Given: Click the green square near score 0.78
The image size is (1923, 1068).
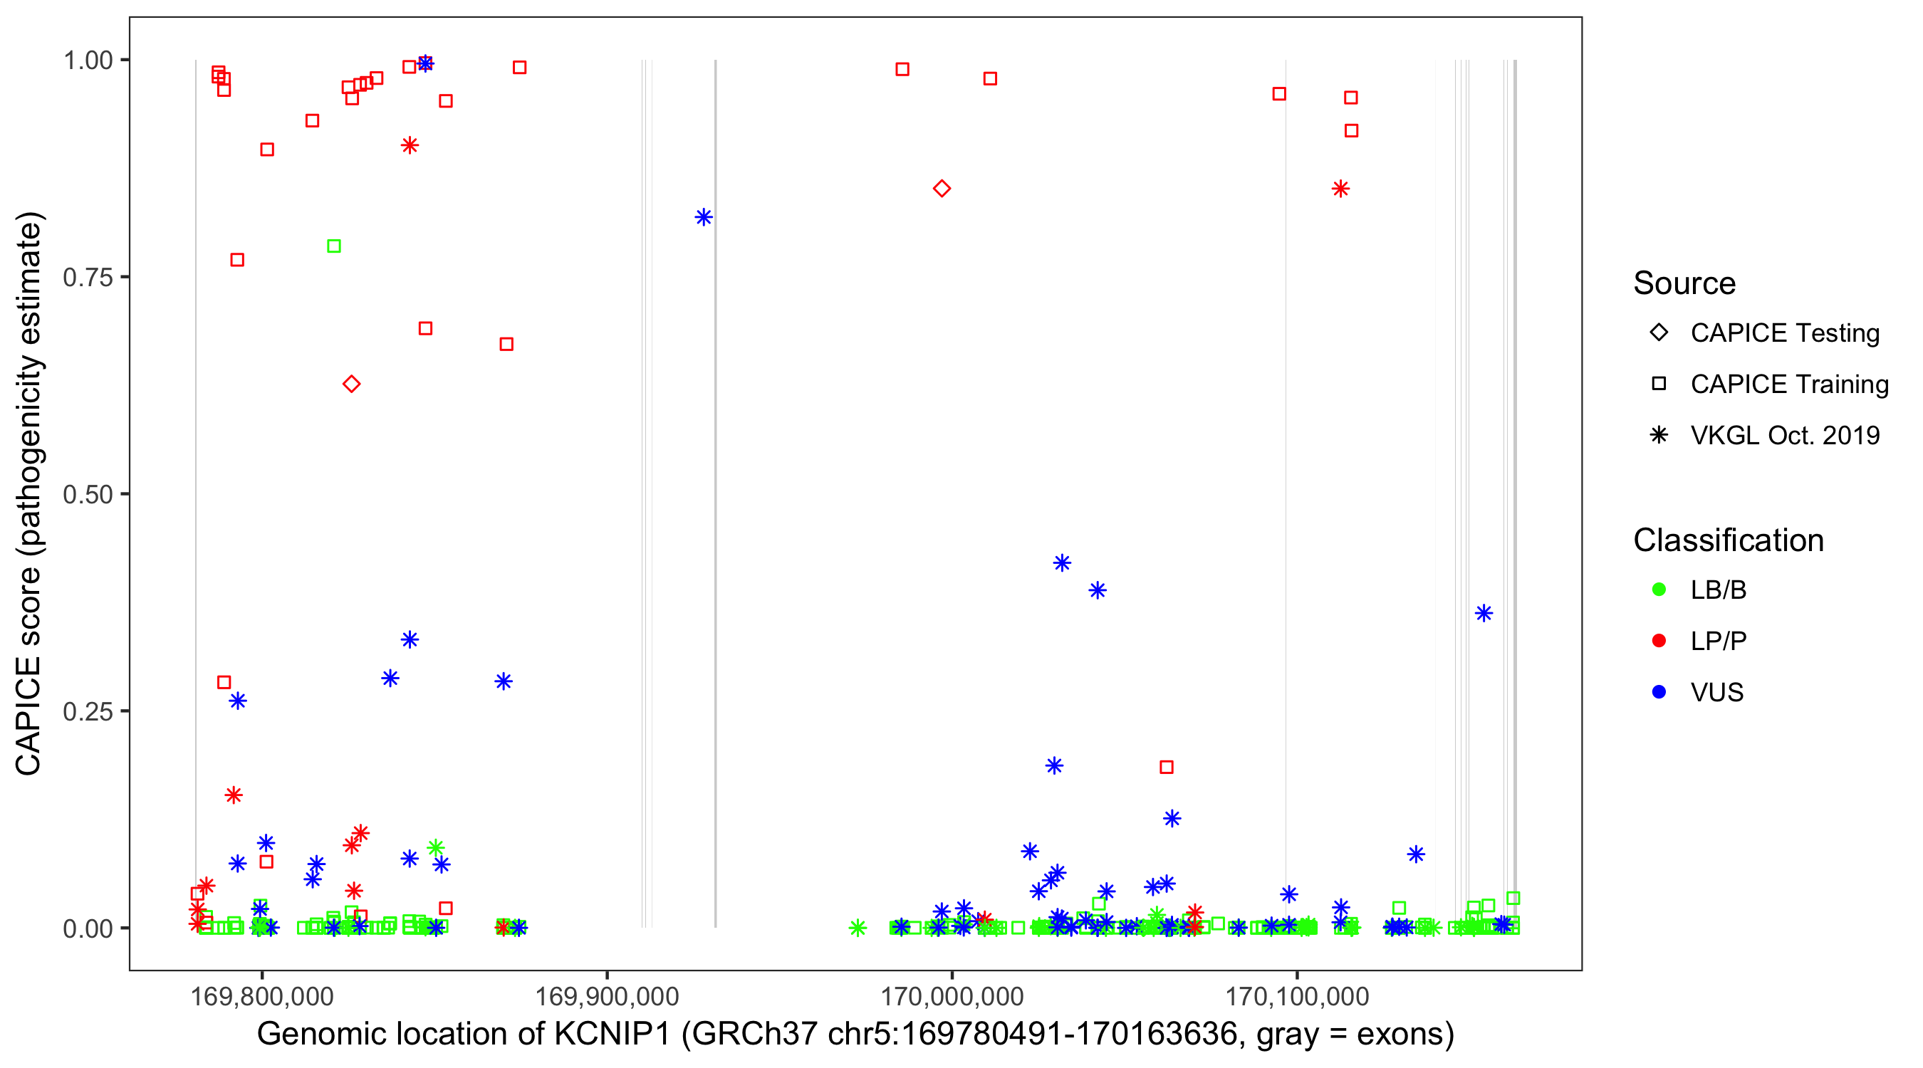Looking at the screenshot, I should [334, 246].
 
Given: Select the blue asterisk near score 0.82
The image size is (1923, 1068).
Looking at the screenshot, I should [703, 217].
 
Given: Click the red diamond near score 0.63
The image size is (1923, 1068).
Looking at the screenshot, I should [352, 384].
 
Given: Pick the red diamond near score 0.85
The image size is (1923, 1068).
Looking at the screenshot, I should [942, 189].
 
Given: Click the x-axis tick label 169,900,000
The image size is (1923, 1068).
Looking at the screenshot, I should [607, 997].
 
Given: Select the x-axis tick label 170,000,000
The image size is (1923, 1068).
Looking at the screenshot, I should [952, 997].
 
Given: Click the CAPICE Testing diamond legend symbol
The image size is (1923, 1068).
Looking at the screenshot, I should [1659, 333].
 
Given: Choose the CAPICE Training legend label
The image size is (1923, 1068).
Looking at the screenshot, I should [1788, 384].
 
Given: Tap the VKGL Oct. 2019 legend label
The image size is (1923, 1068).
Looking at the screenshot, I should [1784, 436].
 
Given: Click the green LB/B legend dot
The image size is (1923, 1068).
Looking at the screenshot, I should [1659, 590].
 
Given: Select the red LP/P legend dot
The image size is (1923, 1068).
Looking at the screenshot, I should [1659, 641].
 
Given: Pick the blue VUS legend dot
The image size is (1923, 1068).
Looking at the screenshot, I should [1659, 693].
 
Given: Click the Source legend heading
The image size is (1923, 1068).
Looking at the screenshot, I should [1684, 283].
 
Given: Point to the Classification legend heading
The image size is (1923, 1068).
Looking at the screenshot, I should [1727, 540].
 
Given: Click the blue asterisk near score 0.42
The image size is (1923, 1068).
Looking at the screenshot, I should [1061, 562].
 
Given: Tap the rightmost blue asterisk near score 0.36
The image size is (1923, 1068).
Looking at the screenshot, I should [1484, 614].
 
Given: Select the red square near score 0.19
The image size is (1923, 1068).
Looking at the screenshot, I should [1166, 768].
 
